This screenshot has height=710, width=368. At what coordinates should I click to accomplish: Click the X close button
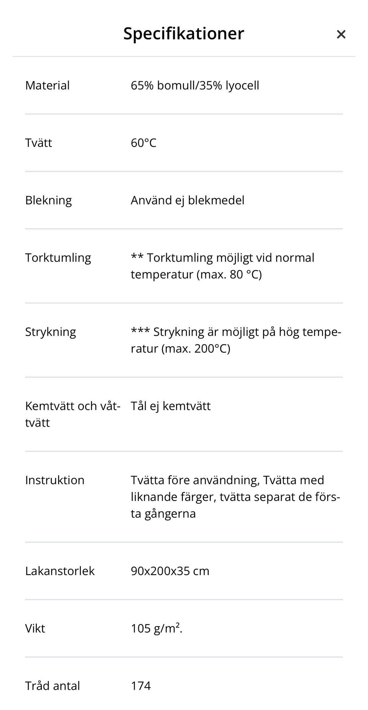[341, 35]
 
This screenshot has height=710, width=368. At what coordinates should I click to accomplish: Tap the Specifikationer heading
[183, 34]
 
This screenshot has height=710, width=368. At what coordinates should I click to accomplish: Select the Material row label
[47, 85]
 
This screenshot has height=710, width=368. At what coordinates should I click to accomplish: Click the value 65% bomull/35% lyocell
[195, 85]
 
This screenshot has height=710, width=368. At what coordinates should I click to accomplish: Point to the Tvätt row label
[38, 143]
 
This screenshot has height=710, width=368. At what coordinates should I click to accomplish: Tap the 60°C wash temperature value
[143, 143]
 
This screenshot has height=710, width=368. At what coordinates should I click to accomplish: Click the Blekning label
[48, 201]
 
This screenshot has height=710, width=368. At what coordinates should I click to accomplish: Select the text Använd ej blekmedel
[187, 201]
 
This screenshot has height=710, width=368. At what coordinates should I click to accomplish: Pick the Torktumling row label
[58, 258]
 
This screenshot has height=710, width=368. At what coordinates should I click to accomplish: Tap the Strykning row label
[50, 332]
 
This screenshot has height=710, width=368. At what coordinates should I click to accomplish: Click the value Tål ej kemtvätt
[171, 406]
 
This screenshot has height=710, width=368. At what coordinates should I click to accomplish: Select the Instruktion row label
[54, 480]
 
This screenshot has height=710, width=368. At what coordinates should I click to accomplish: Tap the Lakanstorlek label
[59, 571]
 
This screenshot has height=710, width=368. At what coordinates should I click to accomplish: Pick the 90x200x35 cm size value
[170, 571]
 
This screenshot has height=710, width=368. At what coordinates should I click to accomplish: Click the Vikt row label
[35, 629]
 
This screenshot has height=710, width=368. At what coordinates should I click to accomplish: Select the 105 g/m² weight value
[156, 629]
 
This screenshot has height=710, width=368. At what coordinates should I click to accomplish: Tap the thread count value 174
[141, 686]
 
